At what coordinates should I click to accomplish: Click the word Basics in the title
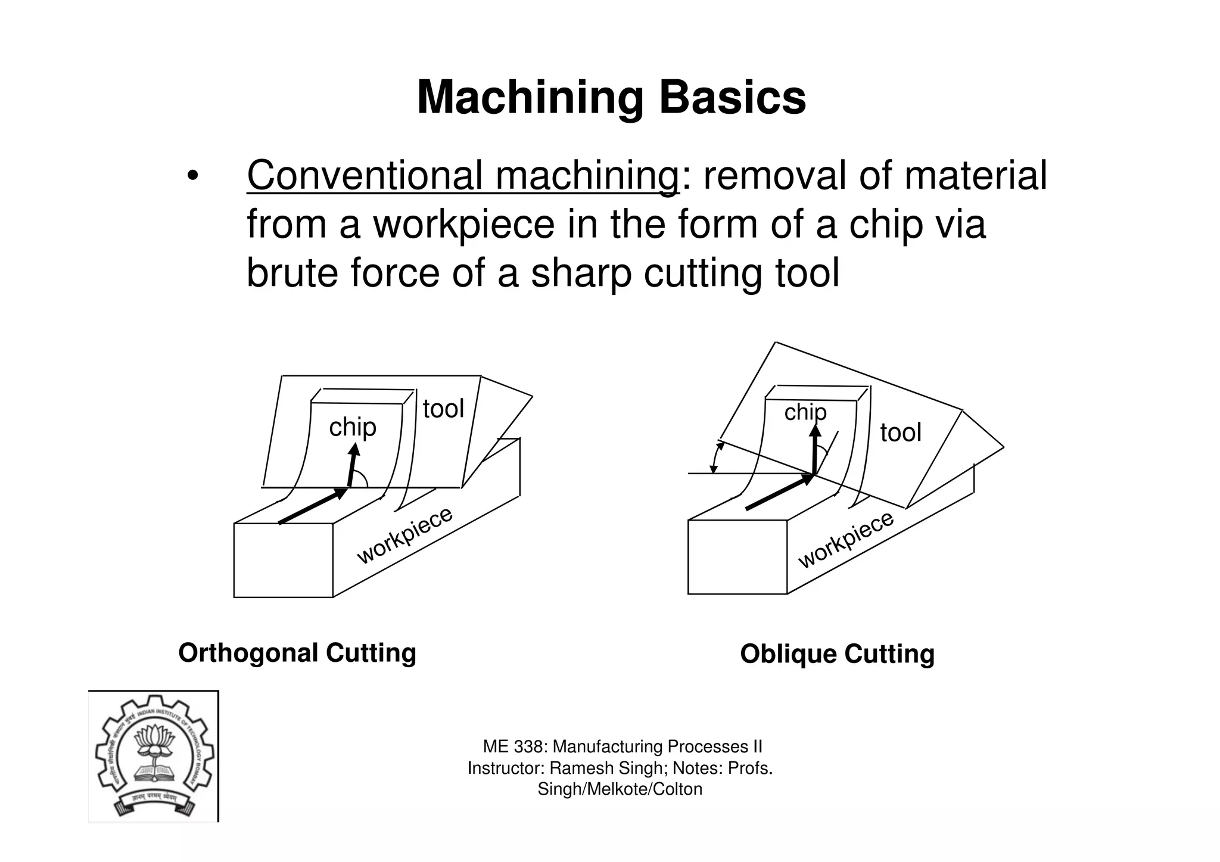click(x=732, y=98)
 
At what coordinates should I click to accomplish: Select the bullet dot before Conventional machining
click(x=192, y=177)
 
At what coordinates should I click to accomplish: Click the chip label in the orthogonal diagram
click(x=353, y=428)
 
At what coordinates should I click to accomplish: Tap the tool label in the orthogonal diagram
click(x=443, y=409)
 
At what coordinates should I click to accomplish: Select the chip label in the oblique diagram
click(x=805, y=412)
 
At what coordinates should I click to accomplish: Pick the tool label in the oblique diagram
click(x=901, y=432)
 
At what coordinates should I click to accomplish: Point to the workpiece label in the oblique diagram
click(x=846, y=540)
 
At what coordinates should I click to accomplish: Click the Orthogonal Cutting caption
click(x=297, y=653)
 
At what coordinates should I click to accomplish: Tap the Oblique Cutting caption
click(x=837, y=654)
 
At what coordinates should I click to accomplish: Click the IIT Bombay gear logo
click(x=154, y=756)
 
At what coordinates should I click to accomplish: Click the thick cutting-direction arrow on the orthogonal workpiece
click(x=313, y=506)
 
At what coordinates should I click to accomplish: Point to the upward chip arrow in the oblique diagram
click(x=814, y=449)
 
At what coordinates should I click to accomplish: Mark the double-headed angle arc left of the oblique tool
click(x=715, y=458)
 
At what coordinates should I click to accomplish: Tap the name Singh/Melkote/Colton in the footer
click(x=620, y=789)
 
